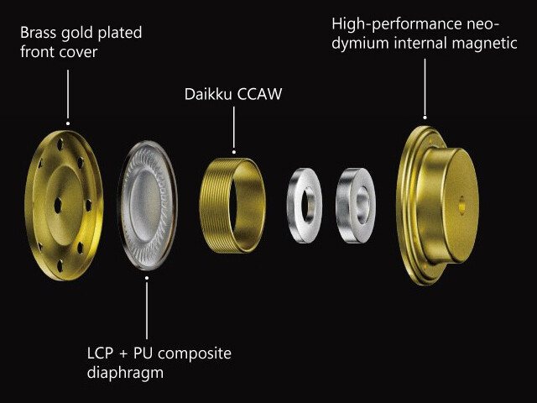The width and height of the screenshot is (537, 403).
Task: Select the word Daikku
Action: pyautogui.click(x=208, y=94)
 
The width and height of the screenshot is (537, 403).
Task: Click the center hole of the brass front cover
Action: pyautogui.click(x=57, y=203)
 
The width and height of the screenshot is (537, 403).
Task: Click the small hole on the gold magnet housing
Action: pyautogui.click(x=461, y=201)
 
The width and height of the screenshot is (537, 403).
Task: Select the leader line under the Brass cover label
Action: pyautogui.click(x=65, y=92)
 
